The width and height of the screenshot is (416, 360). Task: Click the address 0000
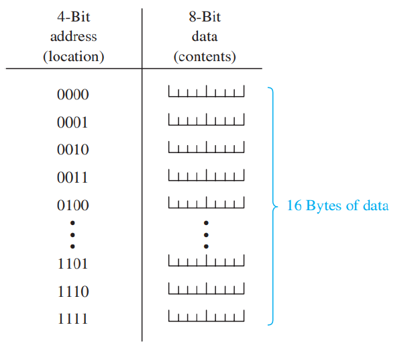72,95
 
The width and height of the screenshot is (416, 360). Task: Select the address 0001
72,123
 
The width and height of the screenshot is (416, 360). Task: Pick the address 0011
72,178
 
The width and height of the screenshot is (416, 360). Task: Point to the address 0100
72,206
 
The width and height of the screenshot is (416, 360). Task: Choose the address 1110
72,291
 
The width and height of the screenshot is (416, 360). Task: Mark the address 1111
72,319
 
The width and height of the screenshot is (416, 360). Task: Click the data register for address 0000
206,91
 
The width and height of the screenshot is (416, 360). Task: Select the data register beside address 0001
206,120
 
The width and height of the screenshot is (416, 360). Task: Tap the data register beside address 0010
206,147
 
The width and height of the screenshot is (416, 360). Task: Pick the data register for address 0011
206,175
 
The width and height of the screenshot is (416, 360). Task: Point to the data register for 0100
206,202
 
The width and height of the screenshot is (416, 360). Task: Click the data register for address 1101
206,260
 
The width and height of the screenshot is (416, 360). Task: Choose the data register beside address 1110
206,288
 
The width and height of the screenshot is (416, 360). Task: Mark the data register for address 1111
206,316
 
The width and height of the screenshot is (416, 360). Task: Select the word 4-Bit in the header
73,17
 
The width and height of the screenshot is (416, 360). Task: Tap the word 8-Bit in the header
205,17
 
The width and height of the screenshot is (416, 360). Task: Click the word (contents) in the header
205,57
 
